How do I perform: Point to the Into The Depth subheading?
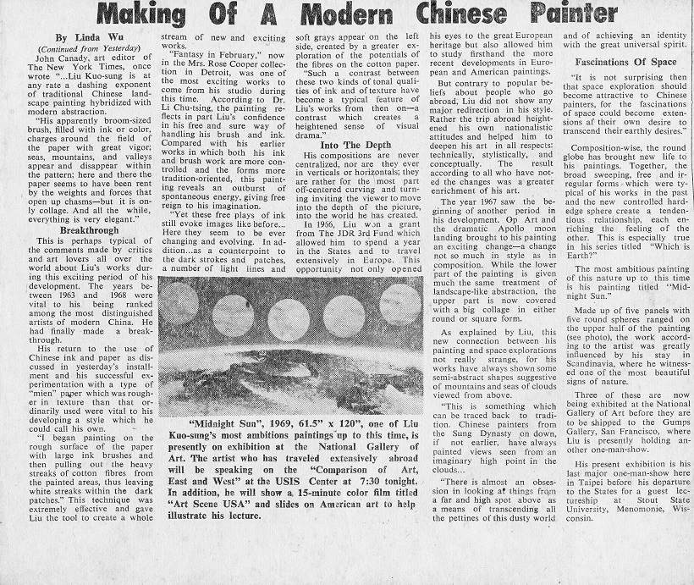coord(355,144)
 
